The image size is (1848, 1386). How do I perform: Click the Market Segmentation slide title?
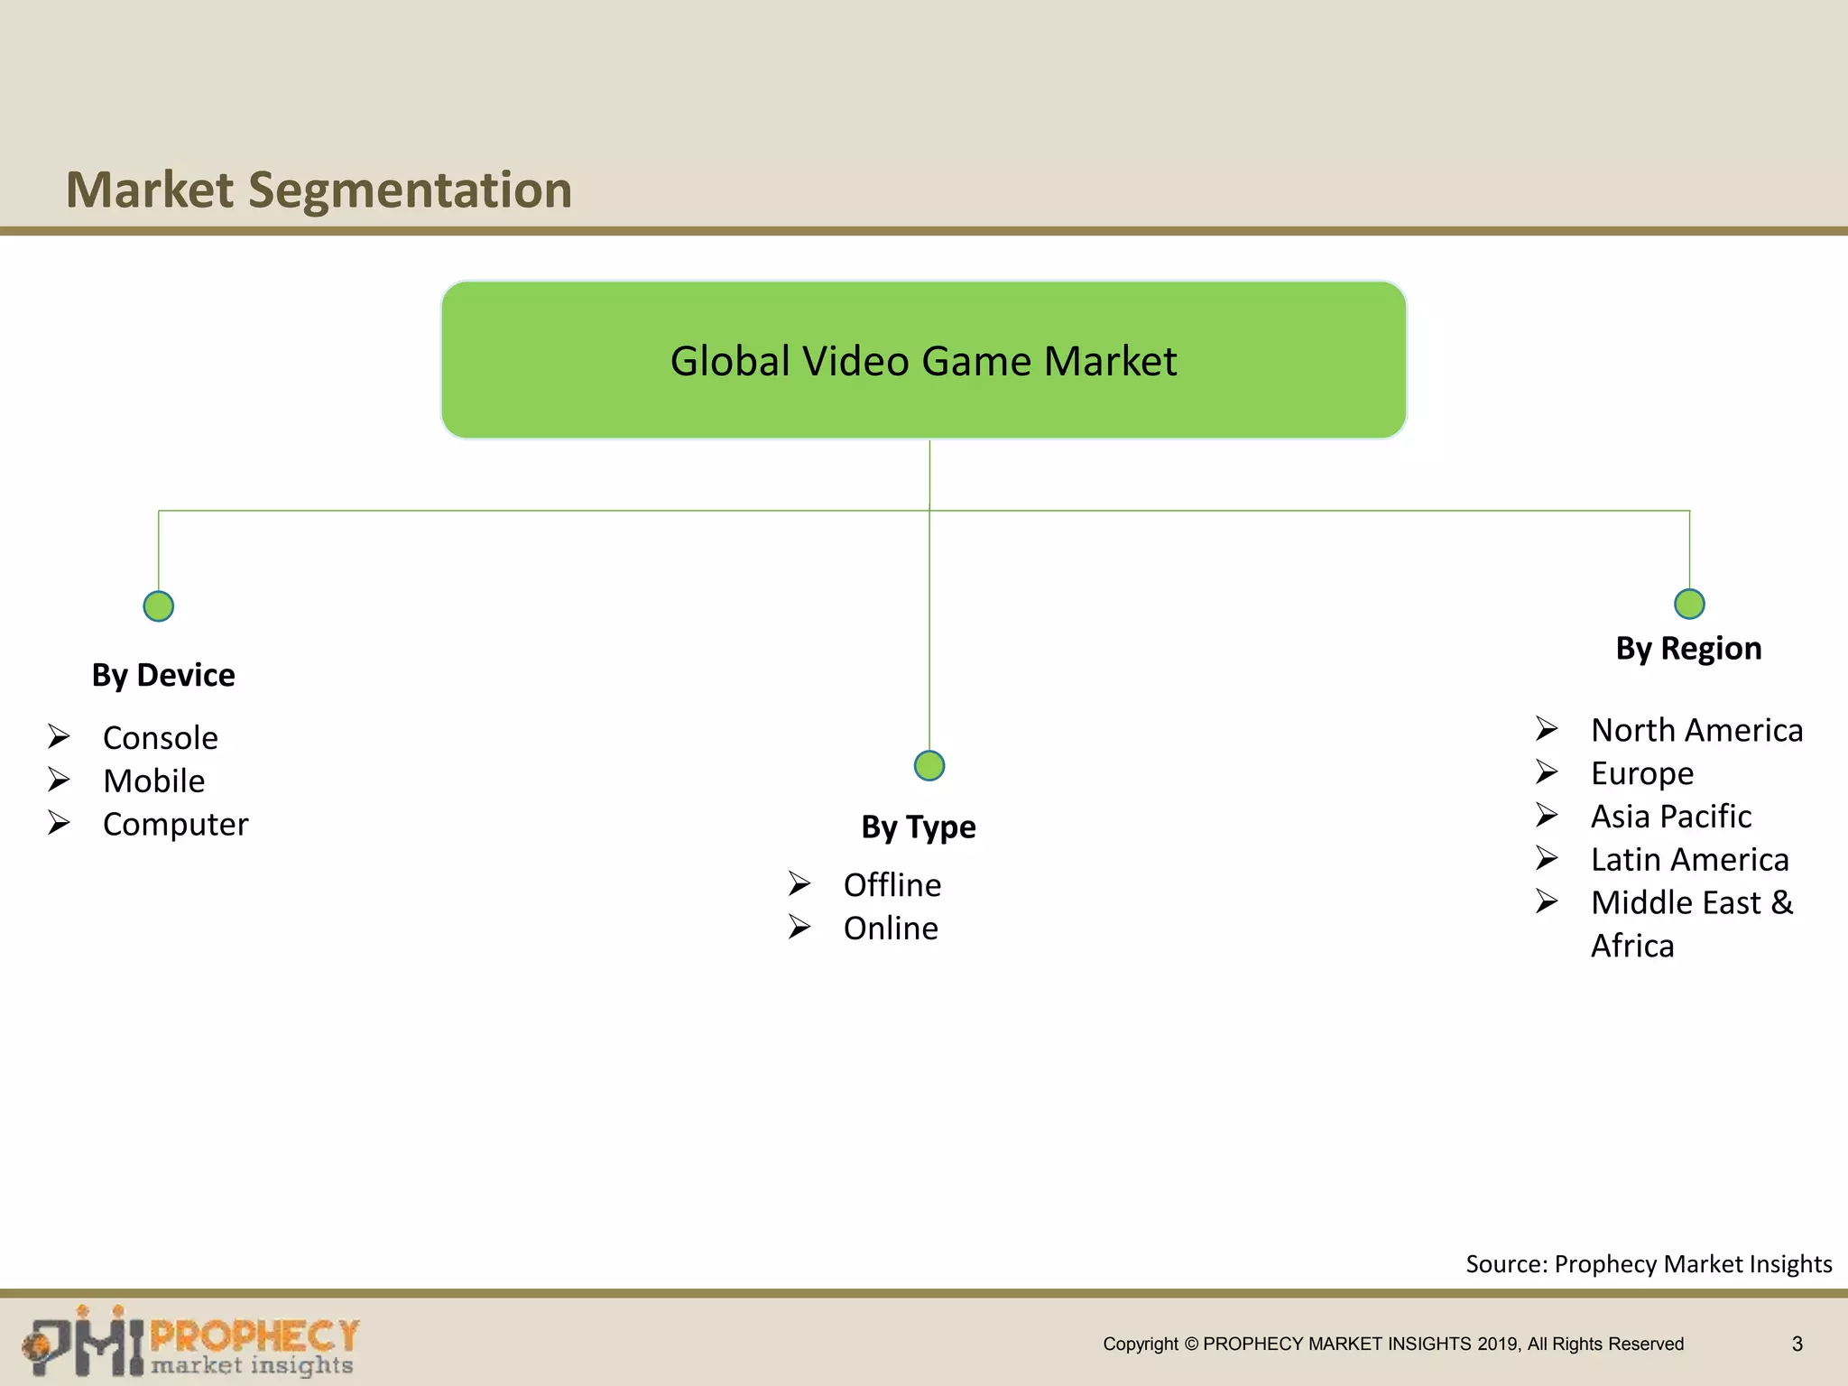coord(319,190)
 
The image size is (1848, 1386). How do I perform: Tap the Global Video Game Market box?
coord(923,360)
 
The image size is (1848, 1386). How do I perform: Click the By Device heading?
coord(163,675)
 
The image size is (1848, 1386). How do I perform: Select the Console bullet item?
coord(160,738)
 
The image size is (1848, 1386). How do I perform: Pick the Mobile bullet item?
coord(153,781)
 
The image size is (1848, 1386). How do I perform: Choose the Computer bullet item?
coord(175,825)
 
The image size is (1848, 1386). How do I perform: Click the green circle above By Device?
coord(159,606)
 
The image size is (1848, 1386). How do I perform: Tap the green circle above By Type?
coord(929,766)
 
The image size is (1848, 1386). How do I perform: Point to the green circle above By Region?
coord(1689,604)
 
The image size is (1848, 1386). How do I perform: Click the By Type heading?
coord(918,827)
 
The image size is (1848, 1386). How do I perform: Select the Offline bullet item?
coord(892,885)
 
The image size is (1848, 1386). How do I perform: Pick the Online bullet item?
coord(890,929)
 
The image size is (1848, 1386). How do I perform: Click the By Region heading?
coord(1688,649)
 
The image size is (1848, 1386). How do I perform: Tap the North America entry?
coord(1696,730)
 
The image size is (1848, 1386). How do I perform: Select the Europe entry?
coord(1641,773)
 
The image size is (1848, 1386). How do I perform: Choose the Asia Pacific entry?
coord(1670,817)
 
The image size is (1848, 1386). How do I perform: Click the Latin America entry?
coord(1689,860)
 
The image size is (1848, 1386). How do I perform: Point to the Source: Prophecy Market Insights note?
coord(1648,1264)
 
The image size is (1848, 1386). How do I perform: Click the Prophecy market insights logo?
coord(190,1343)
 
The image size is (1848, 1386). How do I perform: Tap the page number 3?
coord(1797,1344)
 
